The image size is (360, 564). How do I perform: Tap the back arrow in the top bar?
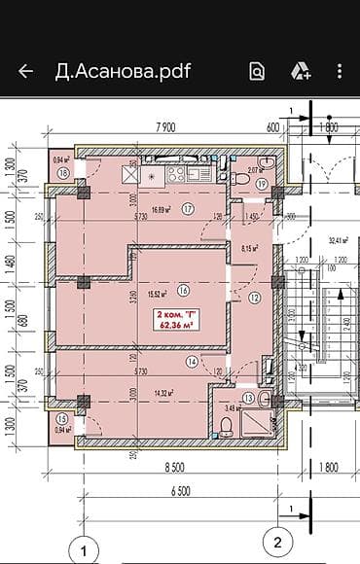pyautogui.click(x=25, y=71)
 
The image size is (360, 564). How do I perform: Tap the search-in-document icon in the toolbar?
pyautogui.click(x=257, y=71)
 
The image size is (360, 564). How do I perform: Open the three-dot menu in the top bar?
pyautogui.click(x=340, y=71)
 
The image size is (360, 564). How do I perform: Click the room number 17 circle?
pyautogui.click(x=188, y=208)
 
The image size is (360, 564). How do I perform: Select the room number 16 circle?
pyautogui.click(x=184, y=290)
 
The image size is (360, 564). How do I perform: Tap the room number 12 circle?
pyautogui.click(x=255, y=299)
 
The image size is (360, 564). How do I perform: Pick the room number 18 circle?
pyautogui.click(x=63, y=173)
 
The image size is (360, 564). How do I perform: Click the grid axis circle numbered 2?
pyautogui.click(x=277, y=540)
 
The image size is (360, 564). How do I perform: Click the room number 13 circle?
pyautogui.click(x=249, y=398)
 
